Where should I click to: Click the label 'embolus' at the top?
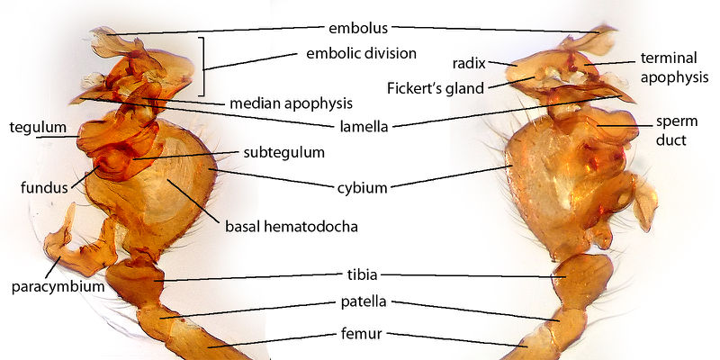click(358, 29)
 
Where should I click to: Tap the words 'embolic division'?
click(362, 53)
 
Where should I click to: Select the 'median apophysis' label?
click(291, 103)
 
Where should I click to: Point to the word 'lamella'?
click(364, 126)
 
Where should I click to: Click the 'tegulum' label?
click(38, 127)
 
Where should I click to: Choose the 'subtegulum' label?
click(283, 152)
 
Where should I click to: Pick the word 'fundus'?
click(44, 187)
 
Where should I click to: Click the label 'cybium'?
click(363, 187)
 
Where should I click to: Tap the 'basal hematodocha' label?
click(291, 227)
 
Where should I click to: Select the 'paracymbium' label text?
click(58, 287)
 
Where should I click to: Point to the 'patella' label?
click(364, 301)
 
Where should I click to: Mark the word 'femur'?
click(362, 334)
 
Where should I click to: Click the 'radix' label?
click(469, 63)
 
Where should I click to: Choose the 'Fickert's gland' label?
click(436, 87)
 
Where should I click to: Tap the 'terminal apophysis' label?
click(674, 67)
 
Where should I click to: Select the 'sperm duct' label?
click(677, 130)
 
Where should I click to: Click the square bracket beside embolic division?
click(202, 67)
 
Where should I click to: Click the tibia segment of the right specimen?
click(582, 280)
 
